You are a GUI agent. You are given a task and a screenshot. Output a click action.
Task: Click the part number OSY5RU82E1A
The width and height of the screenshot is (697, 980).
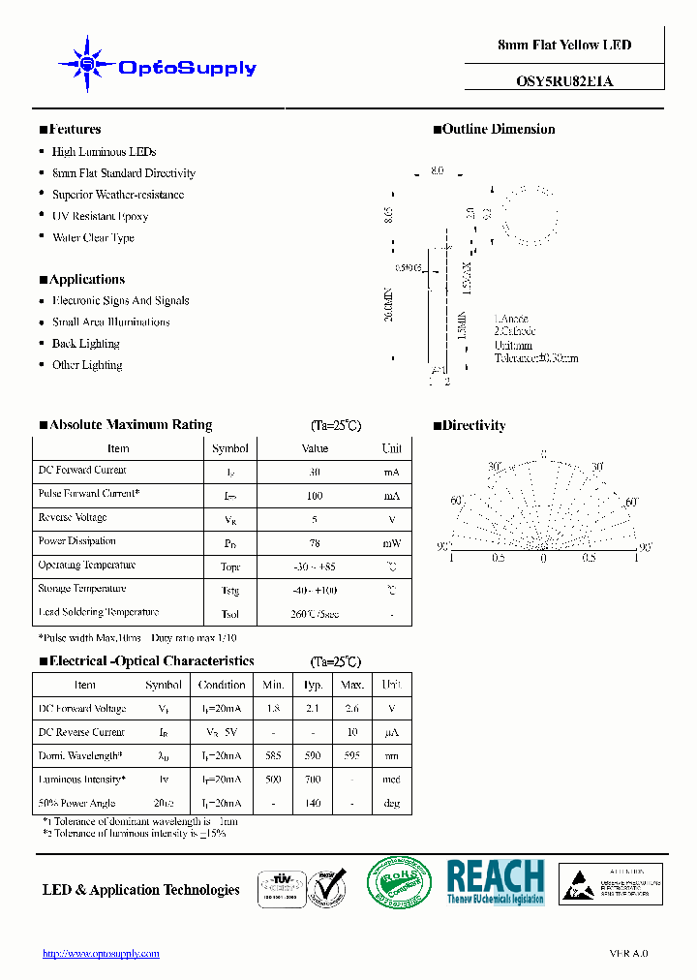coord(564,82)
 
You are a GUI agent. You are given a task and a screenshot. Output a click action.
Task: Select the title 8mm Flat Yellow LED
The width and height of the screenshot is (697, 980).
coord(564,46)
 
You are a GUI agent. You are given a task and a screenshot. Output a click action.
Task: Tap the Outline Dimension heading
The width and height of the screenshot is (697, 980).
coord(499,129)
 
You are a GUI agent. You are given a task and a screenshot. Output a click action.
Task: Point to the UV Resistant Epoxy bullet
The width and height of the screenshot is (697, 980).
coord(100,216)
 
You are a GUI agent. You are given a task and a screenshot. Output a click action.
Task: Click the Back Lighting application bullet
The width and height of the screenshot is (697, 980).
coord(85,344)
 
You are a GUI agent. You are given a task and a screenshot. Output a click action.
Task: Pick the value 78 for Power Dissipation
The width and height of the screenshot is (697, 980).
coord(315,543)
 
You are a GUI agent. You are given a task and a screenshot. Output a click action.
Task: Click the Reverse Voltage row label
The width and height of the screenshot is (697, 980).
coord(73,518)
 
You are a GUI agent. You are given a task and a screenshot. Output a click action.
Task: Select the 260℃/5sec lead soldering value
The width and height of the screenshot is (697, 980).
coord(315,614)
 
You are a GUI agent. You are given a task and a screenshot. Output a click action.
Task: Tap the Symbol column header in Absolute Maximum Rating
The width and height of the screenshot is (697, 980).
coord(230,448)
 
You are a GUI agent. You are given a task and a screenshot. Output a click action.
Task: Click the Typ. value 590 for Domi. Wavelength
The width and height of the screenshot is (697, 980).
coord(313,756)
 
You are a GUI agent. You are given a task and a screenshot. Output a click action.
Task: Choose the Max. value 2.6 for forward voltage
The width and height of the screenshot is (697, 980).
coord(351,709)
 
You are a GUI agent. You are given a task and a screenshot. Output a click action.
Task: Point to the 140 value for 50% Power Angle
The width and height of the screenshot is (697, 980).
coord(313,804)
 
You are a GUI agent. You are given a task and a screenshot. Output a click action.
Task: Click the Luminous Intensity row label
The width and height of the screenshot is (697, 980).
coord(81,780)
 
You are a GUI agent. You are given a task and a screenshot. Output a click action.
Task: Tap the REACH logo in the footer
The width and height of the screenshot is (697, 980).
coord(495,881)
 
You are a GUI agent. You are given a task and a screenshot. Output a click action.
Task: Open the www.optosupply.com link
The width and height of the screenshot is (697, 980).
coord(101,954)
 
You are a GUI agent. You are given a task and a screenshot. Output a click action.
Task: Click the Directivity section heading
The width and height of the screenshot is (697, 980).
coord(473,425)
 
